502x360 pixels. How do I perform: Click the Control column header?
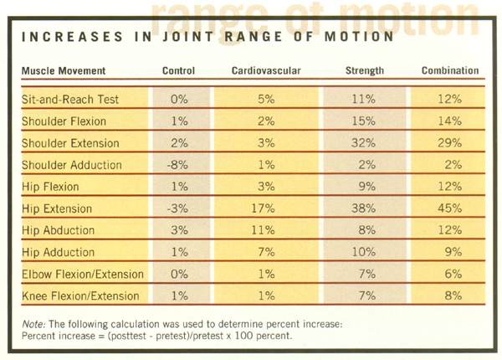(x=177, y=70)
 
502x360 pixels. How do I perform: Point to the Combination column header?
(x=452, y=70)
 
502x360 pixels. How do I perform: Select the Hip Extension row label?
(x=55, y=208)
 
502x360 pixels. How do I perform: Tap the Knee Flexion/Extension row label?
(x=81, y=295)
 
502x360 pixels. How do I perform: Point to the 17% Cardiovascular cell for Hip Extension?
(x=265, y=208)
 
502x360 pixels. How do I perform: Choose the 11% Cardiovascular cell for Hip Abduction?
(x=265, y=230)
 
